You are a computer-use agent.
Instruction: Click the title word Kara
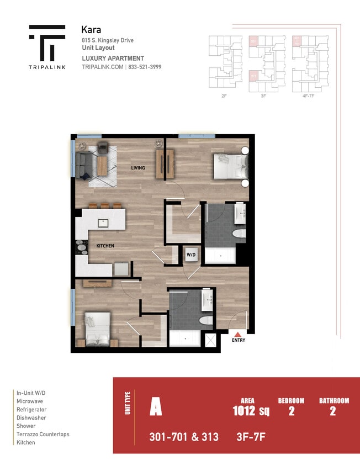91,29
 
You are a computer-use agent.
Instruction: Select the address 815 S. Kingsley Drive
107,40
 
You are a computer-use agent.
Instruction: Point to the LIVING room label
137,168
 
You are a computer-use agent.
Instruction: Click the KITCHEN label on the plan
105,245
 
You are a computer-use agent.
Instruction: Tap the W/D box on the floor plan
192,255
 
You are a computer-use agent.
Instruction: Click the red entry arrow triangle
238,333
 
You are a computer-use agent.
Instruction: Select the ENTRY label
238,340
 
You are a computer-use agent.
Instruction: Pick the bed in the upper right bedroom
230,166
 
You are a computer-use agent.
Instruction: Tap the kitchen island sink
104,223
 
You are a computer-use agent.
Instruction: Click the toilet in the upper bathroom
239,234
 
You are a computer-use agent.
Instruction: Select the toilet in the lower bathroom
206,321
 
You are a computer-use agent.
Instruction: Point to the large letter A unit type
156,409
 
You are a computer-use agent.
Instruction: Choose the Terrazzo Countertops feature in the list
43,434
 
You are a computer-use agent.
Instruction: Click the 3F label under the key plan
263,96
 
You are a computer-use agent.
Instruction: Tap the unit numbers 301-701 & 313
184,437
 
